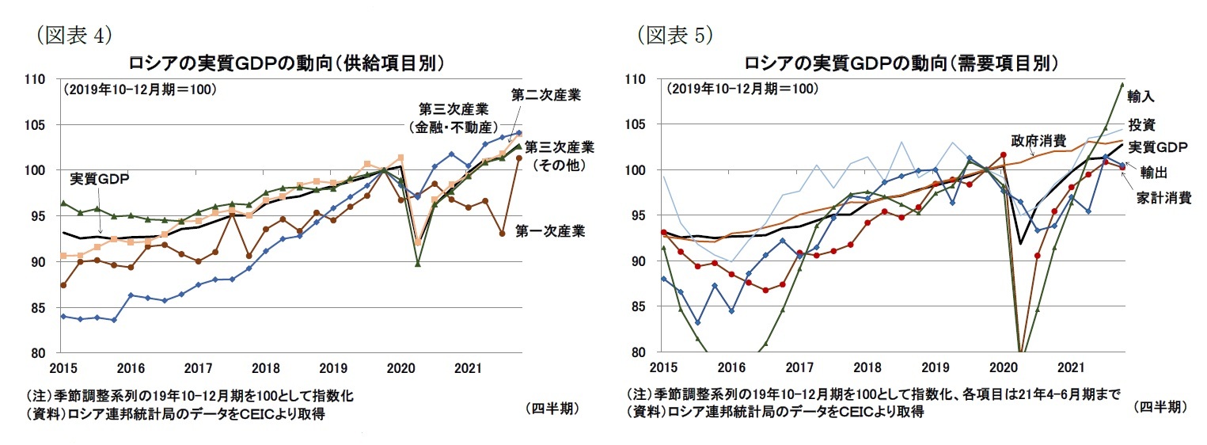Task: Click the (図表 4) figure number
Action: [70, 35]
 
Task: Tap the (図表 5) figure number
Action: [674, 35]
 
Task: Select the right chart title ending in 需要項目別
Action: [901, 63]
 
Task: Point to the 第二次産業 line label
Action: [545, 95]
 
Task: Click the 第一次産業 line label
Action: [549, 231]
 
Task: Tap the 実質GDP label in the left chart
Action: [99, 178]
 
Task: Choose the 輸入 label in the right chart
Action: [1141, 97]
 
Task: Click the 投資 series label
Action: [1142, 124]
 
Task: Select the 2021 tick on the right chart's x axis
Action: [1071, 368]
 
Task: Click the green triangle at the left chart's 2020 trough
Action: [418, 263]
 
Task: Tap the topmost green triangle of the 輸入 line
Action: [1122, 83]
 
